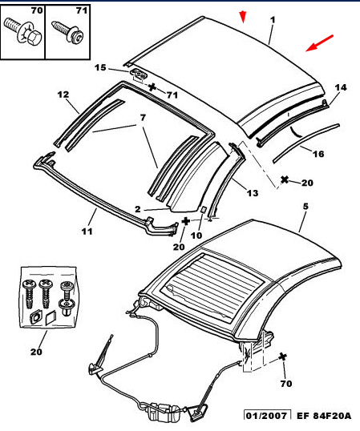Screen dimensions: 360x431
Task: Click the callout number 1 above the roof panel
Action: [273, 20]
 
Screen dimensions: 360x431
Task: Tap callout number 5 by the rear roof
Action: [305, 206]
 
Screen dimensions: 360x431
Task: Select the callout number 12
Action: [63, 95]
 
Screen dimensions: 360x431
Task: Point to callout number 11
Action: [87, 232]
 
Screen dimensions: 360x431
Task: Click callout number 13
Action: [253, 193]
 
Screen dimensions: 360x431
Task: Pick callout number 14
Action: [341, 87]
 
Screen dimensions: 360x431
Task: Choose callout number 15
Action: [100, 67]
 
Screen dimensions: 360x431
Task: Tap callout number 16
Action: [318, 154]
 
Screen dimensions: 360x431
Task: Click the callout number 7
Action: [143, 118]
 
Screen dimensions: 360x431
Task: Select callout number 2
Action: [138, 209]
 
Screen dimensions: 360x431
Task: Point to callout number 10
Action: [196, 236]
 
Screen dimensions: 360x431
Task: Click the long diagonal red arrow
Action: [320, 43]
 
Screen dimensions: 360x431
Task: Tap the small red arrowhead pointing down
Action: [243, 17]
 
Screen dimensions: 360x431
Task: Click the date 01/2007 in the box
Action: [266, 415]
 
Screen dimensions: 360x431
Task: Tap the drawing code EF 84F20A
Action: [324, 415]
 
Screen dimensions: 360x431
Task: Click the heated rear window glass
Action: [214, 288]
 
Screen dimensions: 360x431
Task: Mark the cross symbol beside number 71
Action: [152, 87]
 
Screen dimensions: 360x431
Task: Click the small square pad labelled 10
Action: [204, 209]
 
